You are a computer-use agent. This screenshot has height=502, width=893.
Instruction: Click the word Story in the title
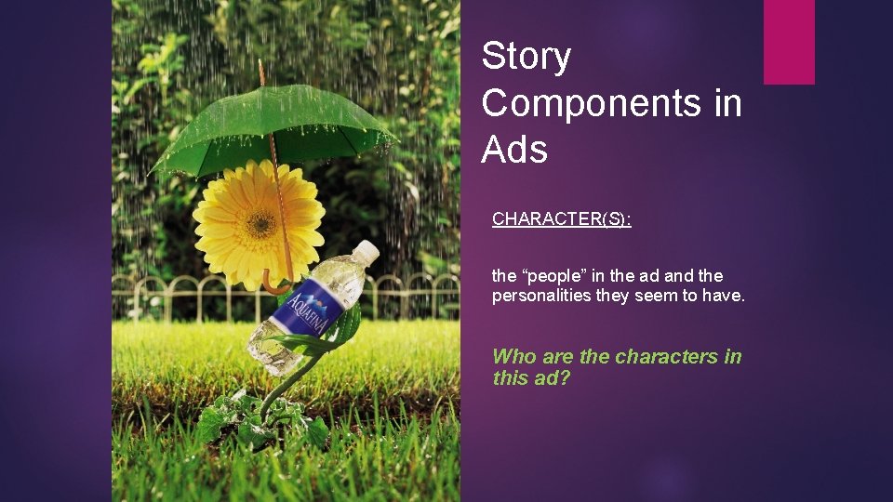(526, 58)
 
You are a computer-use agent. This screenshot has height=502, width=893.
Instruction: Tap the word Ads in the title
(514, 149)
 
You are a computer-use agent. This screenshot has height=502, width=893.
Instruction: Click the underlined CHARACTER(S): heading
(562, 219)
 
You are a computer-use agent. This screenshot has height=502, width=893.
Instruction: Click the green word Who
(513, 356)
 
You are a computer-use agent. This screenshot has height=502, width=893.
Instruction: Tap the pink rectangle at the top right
(789, 42)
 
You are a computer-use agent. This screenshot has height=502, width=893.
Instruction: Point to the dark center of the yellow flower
(260, 223)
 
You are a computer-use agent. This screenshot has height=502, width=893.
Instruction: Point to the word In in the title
(727, 103)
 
